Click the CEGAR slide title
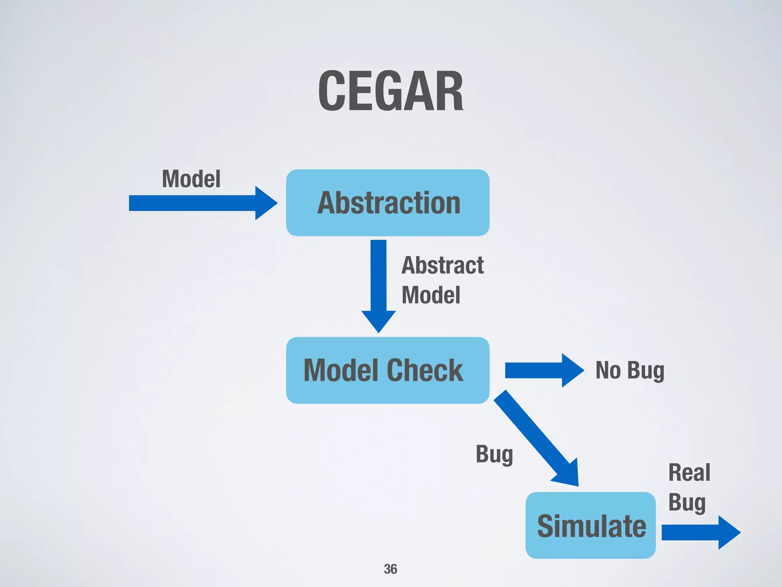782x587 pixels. [391, 91]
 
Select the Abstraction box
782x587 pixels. [388, 203]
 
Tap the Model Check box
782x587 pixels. [388, 370]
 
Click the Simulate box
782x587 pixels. [590, 525]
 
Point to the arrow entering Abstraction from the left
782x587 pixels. [202, 203]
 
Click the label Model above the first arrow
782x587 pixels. [191, 179]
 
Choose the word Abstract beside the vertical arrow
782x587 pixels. [443, 265]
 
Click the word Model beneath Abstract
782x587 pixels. [431, 295]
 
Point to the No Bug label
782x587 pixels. [630, 370]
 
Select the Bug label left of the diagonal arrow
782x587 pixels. [494, 455]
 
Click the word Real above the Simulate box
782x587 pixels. [689, 472]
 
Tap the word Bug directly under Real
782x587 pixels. [687, 503]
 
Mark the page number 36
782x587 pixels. [390, 569]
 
